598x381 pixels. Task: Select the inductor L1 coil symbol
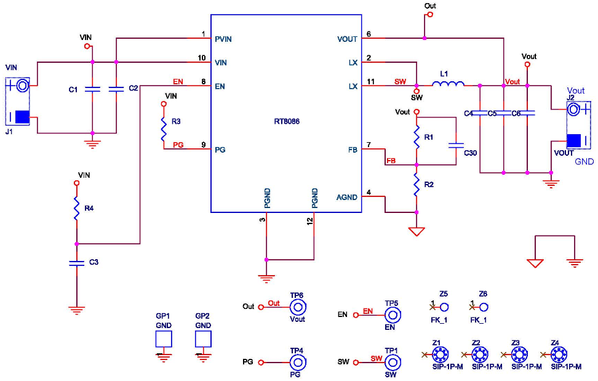click(448, 86)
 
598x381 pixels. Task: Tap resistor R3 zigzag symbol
click(164, 129)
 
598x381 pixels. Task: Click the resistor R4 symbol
click(77, 209)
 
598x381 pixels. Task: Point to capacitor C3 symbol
click(77, 263)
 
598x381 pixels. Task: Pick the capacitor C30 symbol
click(456, 146)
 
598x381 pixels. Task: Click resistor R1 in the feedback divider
click(417, 134)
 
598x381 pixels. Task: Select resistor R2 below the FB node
click(417, 183)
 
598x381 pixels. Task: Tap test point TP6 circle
click(298, 307)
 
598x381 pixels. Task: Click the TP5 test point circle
click(392, 315)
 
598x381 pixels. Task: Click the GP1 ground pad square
click(163, 339)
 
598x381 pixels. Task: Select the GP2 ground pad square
click(203, 339)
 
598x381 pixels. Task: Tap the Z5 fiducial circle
click(444, 307)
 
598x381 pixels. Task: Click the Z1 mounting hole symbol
click(439, 355)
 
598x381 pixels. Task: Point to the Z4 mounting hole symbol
click(558, 355)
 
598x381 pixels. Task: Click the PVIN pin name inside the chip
click(223, 39)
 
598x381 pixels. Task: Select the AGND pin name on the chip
click(347, 197)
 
